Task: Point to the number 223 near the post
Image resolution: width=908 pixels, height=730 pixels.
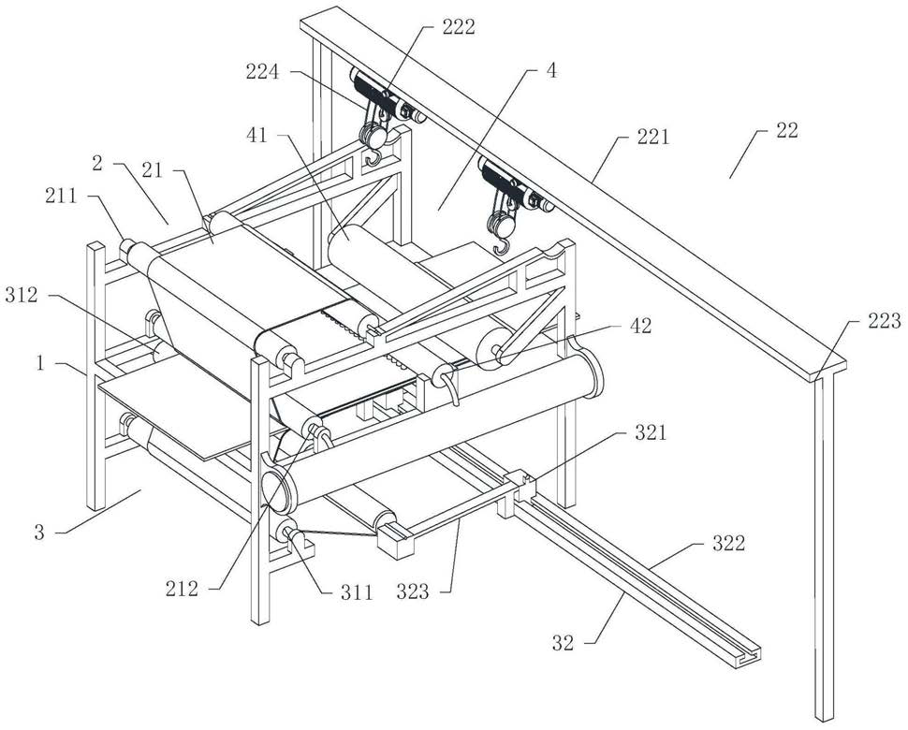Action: point(882,322)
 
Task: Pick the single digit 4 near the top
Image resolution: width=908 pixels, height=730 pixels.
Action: point(552,69)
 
